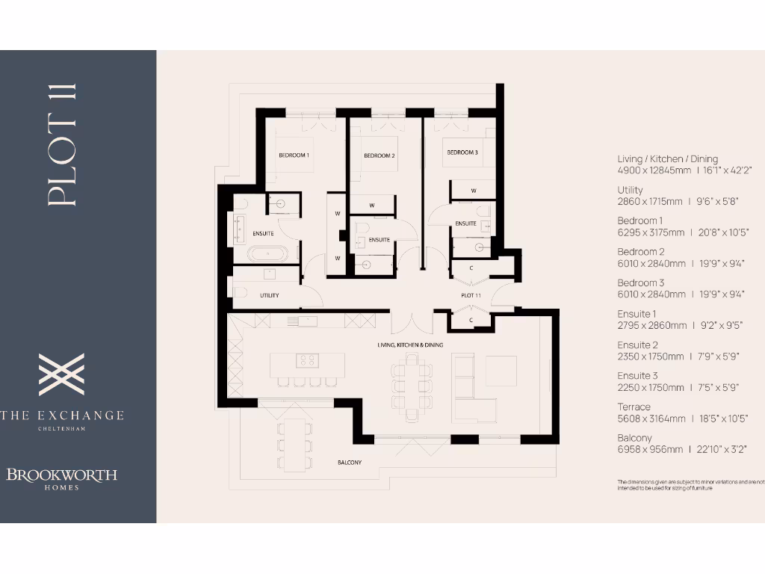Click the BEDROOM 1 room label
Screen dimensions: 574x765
[294, 155]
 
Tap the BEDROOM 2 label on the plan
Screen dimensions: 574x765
[379, 155]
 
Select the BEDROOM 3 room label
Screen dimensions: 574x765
[462, 152]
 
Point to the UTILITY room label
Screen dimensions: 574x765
[270, 295]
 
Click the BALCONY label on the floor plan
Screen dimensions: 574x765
[349, 463]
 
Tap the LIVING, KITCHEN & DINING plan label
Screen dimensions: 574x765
[410, 345]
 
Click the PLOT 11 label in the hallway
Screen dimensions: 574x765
[471, 296]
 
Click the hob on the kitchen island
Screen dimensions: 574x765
[307, 360]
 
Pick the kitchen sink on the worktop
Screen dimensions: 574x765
[307, 321]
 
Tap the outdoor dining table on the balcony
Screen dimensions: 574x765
[294, 444]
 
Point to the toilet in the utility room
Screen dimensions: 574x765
[241, 292]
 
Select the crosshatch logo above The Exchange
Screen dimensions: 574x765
[61, 374]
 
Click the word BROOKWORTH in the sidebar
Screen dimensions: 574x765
[62, 475]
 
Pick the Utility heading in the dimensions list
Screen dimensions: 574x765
[630, 190]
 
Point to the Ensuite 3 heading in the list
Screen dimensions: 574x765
[637, 376]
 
